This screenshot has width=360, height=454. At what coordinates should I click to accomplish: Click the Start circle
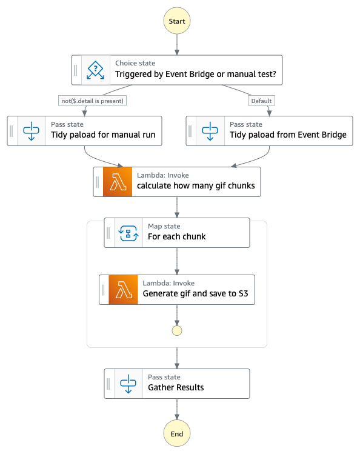(x=177, y=21)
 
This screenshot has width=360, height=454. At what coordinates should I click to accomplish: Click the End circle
(x=177, y=433)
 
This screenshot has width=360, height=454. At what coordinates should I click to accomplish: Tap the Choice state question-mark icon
(x=96, y=70)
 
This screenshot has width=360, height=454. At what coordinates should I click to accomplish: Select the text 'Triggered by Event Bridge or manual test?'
(x=196, y=75)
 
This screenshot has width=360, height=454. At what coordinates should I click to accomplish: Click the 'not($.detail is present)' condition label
(x=92, y=101)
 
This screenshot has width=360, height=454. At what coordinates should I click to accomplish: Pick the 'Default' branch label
(x=261, y=101)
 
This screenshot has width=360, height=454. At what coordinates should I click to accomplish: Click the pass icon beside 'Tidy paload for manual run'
(x=32, y=131)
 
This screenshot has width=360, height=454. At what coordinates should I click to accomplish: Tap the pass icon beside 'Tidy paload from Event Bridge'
(x=210, y=131)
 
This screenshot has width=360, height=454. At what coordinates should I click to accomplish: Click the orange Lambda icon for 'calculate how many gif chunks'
(x=118, y=182)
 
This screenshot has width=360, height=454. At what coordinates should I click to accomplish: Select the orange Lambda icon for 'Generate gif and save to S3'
(x=123, y=290)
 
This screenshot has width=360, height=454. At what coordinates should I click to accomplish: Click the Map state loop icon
(x=128, y=233)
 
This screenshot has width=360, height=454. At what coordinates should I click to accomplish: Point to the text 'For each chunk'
(x=177, y=236)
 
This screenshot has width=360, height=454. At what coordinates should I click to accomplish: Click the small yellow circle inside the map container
(x=177, y=330)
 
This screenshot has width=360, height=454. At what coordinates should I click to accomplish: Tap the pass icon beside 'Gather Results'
(x=128, y=384)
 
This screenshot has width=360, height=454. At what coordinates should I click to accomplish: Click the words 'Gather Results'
(x=176, y=387)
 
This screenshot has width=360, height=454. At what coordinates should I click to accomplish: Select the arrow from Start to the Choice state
(x=177, y=45)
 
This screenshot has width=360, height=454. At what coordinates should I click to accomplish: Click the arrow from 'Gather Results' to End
(x=177, y=409)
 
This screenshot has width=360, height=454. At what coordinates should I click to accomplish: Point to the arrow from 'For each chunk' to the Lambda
(x=177, y=261)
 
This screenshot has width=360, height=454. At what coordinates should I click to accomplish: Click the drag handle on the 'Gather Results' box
(x=108, y=384)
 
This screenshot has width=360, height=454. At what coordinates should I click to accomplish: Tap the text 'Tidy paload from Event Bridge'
(x=288, y=135)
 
